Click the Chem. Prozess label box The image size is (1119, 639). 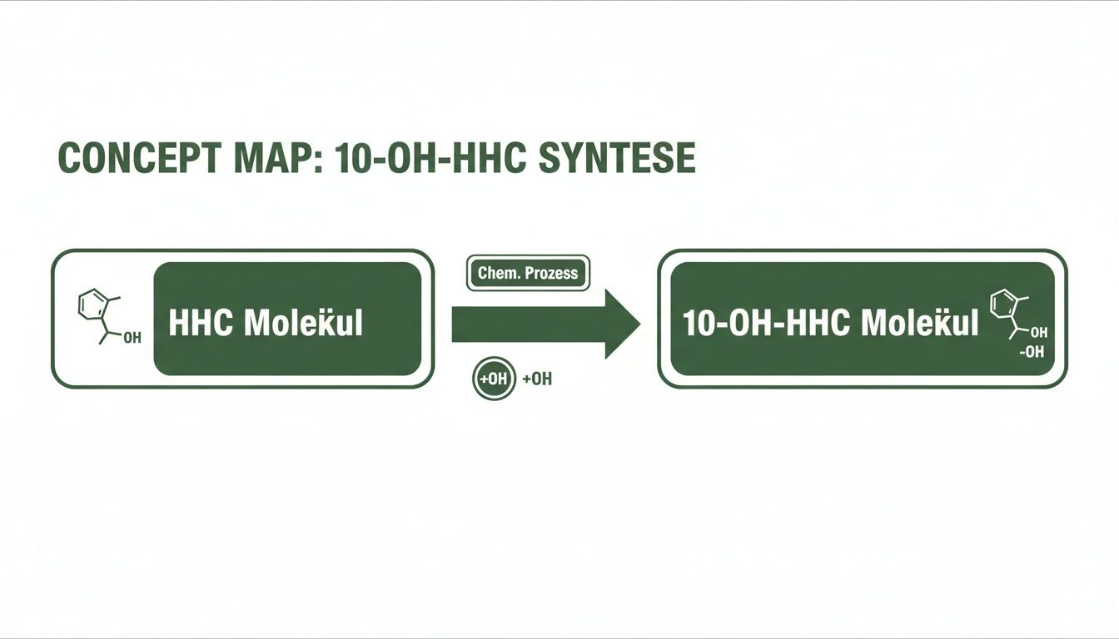point(528,273)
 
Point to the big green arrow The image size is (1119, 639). point(545,324)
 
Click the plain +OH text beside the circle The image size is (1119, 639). point(537,379)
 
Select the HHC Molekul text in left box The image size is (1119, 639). point(266,324)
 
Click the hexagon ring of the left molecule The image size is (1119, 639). point(90,305)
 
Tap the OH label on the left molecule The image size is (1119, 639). point(132,338)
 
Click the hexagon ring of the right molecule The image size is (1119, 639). point(1002,305)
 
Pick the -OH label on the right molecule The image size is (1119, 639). point(1032,352)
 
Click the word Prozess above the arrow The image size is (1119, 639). point(550,273)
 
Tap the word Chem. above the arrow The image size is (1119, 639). point(496,273)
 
